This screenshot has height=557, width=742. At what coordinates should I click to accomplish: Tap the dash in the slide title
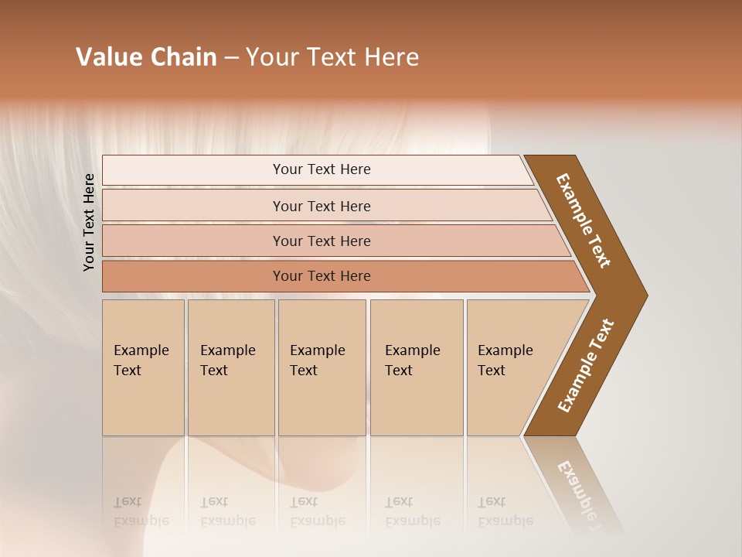(231, 58)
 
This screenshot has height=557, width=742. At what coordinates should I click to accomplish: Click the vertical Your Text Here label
(89, 222)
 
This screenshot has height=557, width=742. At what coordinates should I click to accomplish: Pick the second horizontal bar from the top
(321, 206)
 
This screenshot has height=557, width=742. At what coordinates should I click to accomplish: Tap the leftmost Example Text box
(143, 367)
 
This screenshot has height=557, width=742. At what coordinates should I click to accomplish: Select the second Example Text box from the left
(230, 367)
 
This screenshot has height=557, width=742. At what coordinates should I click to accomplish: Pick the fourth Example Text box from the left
(417, 367)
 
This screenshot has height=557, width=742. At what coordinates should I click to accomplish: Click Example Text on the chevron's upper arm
(584, 220)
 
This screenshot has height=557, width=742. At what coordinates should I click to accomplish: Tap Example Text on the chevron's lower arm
(586, 365)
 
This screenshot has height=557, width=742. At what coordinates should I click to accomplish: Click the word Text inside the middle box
(304, 371)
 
